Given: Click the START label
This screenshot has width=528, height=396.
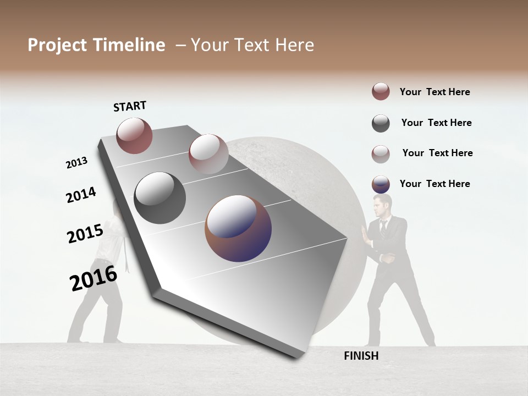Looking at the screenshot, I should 130,106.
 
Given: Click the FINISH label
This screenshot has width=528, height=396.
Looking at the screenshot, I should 361,356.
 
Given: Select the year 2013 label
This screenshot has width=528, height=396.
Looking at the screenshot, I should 76,163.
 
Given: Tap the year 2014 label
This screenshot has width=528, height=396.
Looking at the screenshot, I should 81,195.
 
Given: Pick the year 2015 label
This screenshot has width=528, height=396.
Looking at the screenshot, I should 85,234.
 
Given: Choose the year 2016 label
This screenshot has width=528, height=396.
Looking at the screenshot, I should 94,278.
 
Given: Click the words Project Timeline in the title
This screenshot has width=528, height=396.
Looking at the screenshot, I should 96,45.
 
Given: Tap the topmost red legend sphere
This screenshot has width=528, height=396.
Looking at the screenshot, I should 381,91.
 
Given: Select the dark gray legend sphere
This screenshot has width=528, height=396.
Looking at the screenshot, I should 381,123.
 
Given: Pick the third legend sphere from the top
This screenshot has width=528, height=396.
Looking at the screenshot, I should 381,154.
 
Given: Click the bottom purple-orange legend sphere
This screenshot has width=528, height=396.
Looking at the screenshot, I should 381,184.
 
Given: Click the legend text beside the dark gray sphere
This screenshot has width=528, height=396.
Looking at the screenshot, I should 436,123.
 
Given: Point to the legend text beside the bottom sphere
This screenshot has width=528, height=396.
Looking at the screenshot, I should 435,184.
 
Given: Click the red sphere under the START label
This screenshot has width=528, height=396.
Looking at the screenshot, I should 134,135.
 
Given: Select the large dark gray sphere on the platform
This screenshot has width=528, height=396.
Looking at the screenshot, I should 160,198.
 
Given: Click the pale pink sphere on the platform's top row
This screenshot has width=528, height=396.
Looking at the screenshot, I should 208,153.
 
